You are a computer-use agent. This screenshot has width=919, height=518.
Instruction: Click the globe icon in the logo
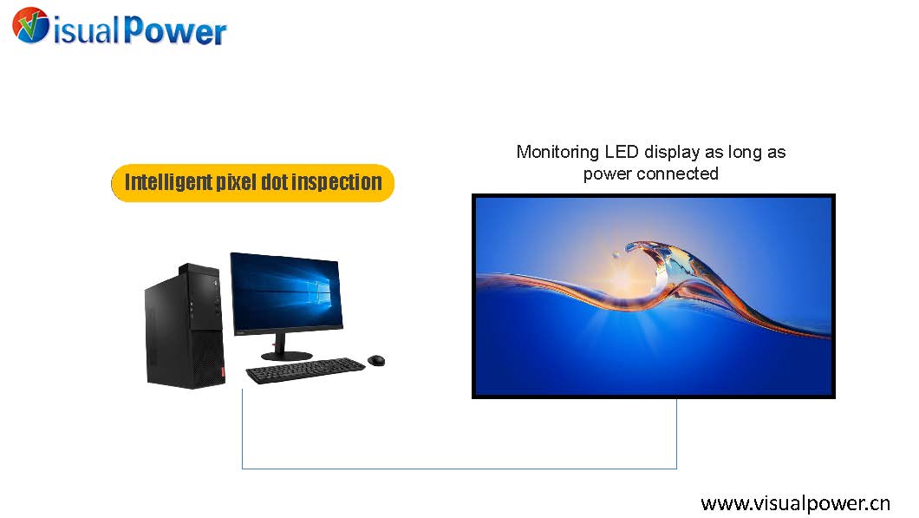[x=30, y=24]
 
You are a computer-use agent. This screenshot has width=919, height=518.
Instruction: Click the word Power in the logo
[x=174, y=30]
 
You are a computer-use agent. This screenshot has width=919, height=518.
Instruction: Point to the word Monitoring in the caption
[x=557, y=152]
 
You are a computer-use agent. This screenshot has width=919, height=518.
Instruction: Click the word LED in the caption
[x=622, y=152]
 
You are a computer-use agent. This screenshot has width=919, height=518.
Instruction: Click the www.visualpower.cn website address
[x=795, y=502]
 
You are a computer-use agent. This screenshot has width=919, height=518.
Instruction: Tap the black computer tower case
[x=185, y=326]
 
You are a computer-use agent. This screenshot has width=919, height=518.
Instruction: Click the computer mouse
[x=376, y=359]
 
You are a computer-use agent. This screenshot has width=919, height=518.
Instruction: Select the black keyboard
[x=305, y=370]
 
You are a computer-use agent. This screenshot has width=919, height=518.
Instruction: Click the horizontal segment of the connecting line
[x=459, y=469]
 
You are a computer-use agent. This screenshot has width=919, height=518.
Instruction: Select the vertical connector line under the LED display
[x=677, y=434]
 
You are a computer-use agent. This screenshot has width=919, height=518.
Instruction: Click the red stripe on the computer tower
[x=223, y=372]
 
